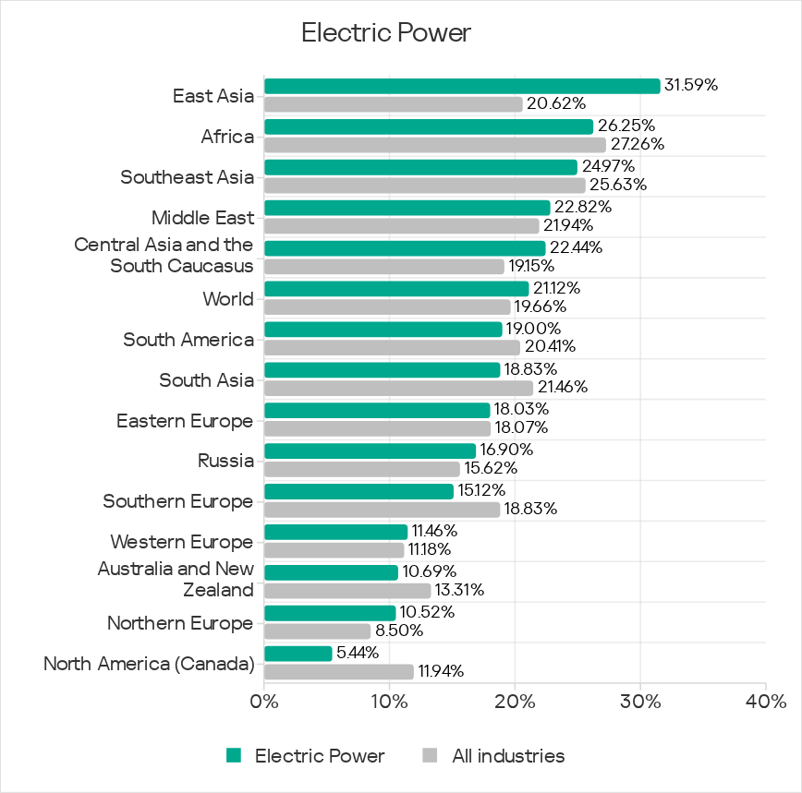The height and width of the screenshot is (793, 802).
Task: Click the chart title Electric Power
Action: coord(386,33)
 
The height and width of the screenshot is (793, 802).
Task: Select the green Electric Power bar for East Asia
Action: coord(462,86)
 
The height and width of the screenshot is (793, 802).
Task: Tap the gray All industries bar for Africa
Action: coord(434,145)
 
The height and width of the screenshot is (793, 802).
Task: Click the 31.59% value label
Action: coord(691,85)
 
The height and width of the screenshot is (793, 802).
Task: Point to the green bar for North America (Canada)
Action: coord(298,654)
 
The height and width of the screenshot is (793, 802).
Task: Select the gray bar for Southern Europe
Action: coord(382,510)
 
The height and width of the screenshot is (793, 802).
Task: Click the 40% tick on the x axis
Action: coord(766,703)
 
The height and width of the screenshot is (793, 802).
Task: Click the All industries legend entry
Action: coord(507,756)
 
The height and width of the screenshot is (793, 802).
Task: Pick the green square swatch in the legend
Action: coord(235,756)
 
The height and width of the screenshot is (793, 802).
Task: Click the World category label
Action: coord(228,299)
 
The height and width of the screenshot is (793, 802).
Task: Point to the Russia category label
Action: coord(225,461)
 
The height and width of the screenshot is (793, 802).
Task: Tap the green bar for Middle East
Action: coord(407,208)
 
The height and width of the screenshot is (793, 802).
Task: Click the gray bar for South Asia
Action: coord(398,388)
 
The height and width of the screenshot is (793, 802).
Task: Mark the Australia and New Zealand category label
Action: coord(176,579)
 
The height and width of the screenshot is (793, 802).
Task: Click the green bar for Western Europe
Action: coord(335,532)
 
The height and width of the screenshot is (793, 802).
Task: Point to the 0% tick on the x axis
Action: coord(264,703)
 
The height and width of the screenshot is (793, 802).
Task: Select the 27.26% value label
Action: coord(637,144)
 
